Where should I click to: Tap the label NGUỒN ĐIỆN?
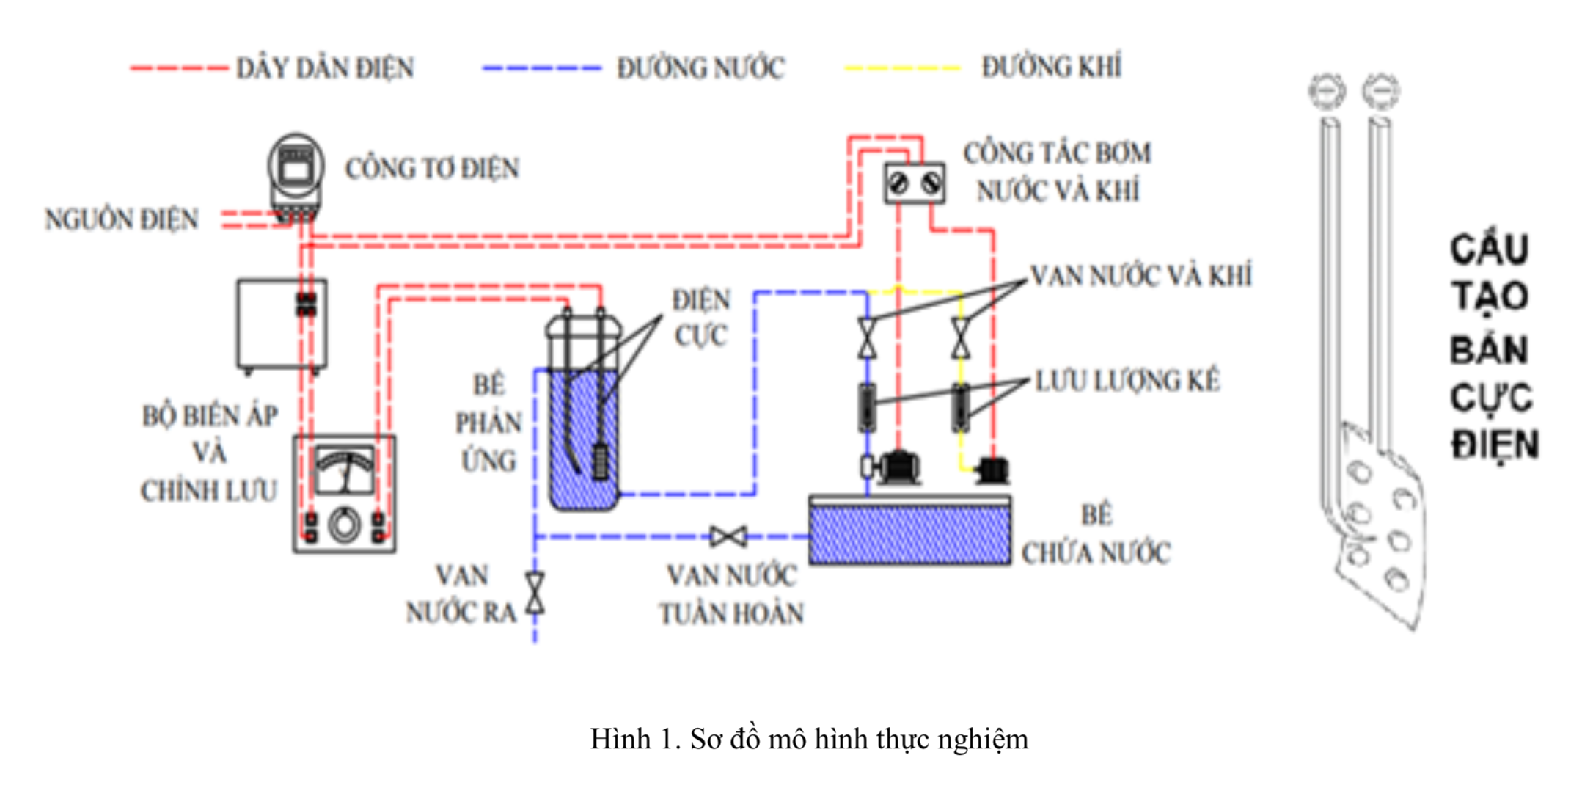pyautogui.click(x=122, y=219)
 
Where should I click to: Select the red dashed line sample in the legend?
pyautogui.click(x=179, y=68)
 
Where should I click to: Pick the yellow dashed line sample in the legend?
pyautogui.click(x=902, y=68)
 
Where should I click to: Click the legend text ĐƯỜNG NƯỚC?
pyautogui.click(x=700, y=68)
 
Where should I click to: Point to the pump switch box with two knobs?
pyautogui.click(x=914, y=183)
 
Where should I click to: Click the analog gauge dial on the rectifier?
pyautogui.click(x=344, y=470)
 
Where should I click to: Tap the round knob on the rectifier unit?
pyautogui.click(x=344, y=525)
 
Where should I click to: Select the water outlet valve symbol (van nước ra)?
pyautogui.click(x=535, y=593)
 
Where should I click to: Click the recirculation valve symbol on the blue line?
pyautogui.click(x=728, y=537)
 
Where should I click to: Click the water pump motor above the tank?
pyautogui.click(x=899, y=467)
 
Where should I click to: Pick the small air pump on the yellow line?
pyautogui.click(x=993, y=470)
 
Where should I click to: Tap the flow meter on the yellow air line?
pyautogui.click(x=960, y=407)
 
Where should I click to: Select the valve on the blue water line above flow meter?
pyautogui.click(x=868, y=338)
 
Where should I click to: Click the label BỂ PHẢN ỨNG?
pyautogui.click(x=488, y=423)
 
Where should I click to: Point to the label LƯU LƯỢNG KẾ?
pyautogui.click(x=1127, y=381)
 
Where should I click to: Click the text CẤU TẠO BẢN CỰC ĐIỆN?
pyautogui.click(x=1492, y=347)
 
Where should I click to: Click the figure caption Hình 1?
pyautogui.click(x=809, y=739)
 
